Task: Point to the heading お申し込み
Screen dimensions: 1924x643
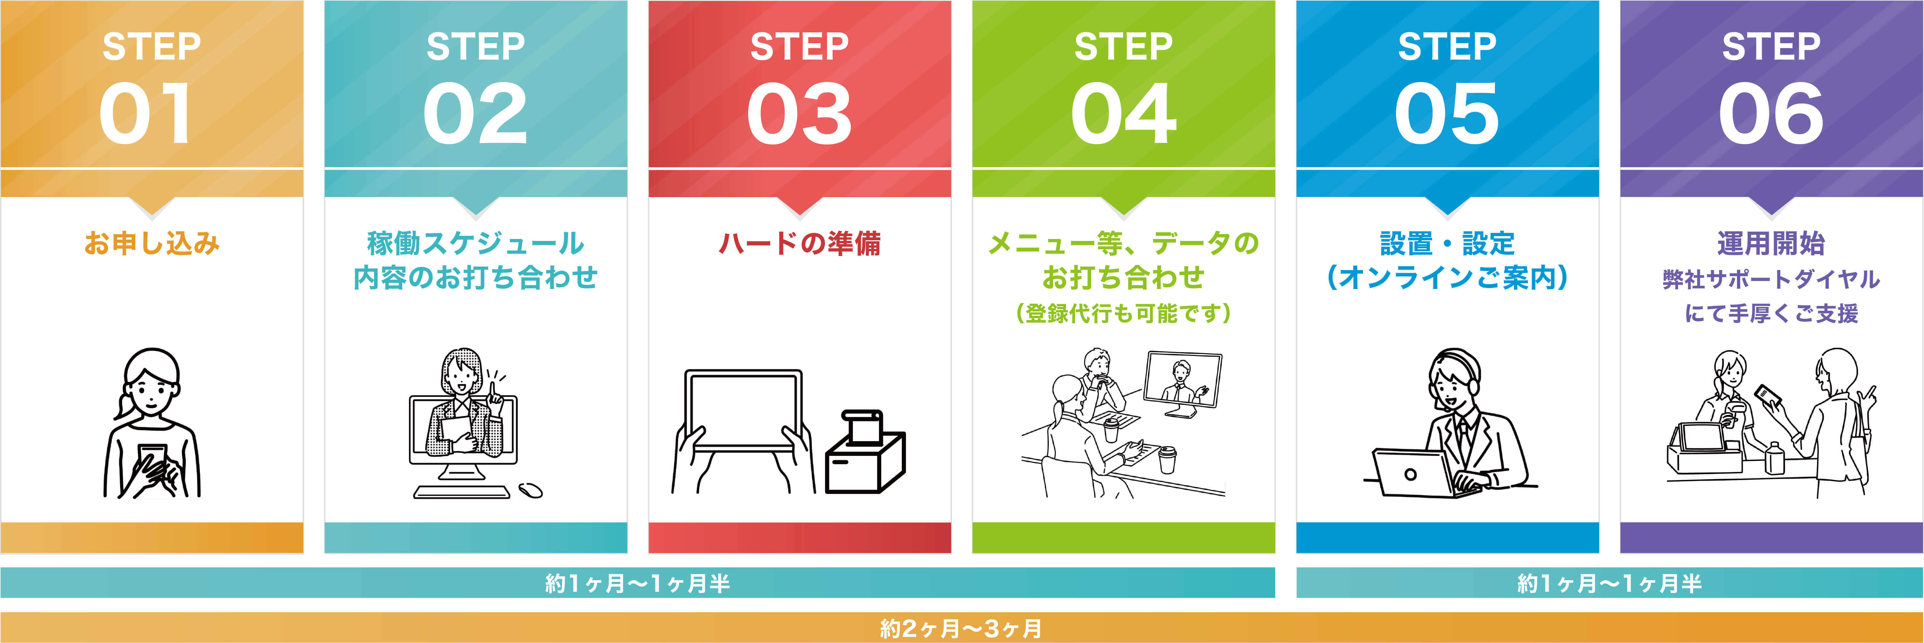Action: [151, 243]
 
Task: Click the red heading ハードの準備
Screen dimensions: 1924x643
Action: [799, 243]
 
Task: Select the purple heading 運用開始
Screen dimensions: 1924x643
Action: [1771, 243]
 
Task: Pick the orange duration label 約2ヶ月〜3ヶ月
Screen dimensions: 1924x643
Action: [961, 628]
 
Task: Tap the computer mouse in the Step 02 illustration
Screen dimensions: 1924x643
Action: [531, 490]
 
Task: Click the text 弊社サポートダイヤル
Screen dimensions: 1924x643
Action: [1771, 279]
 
